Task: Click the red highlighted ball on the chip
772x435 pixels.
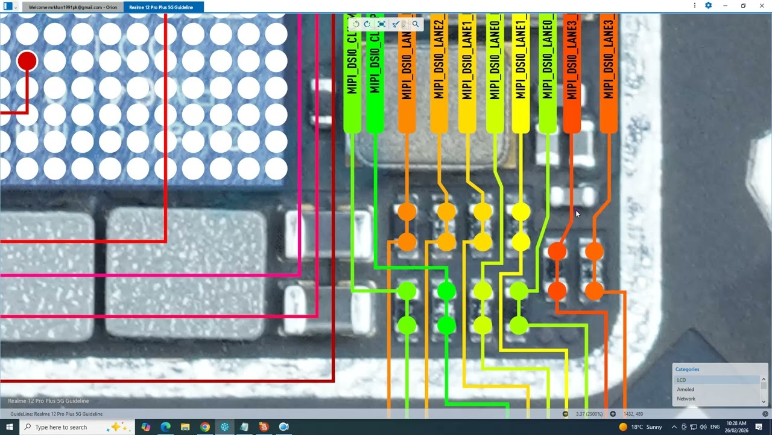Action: click(27, 61)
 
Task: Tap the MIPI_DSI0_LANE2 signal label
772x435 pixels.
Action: click(438, 60)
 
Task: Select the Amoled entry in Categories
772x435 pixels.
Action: click(685, 390)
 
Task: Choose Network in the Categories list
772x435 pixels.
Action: click(686, 399)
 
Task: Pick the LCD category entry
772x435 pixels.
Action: click(682, 380)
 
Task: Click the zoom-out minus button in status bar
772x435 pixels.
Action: click(565, 414)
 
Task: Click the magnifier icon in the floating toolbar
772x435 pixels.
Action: click(416, 24)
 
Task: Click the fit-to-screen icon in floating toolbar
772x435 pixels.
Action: click(381, 24)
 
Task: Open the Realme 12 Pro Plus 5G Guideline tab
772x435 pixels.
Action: click(161, 7)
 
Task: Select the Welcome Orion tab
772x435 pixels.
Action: click(73, 7)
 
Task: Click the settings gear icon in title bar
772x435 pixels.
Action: click(709, 5)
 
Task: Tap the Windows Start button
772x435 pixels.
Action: click(9, 427)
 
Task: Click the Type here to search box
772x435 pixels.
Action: click(66, 427)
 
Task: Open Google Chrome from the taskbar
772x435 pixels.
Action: click(205, 427)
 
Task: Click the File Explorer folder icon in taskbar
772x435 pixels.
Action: click(185, 427)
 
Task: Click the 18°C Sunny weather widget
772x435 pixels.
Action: click(641, 427)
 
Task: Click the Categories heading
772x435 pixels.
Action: click(687, 369)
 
